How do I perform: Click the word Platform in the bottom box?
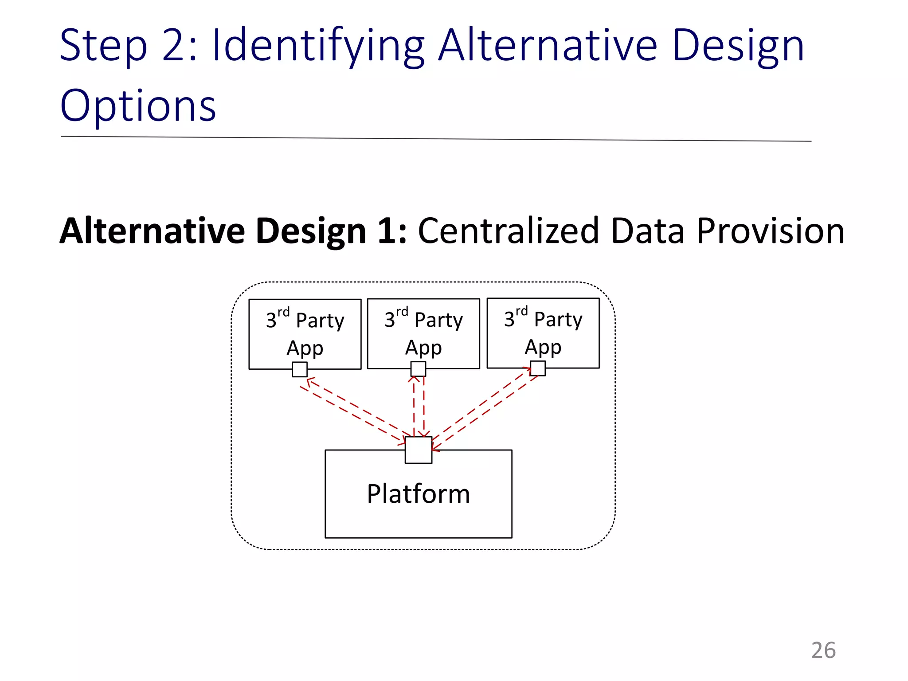point(418,494)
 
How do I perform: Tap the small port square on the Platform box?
point(418,450)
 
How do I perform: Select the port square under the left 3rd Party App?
point(300,369)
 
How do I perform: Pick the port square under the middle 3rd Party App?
point(418,369)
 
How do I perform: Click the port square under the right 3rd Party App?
point(538,368)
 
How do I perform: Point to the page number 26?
point(823,650)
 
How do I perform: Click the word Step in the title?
point(103,46)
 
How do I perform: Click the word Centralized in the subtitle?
point(509,231)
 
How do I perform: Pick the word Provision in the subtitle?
point(770,231)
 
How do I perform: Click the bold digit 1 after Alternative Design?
point(386,231)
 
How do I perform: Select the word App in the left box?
point(305,348)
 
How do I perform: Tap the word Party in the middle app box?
point(438,320)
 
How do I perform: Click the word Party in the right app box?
point(558,319)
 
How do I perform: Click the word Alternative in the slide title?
point(548,46)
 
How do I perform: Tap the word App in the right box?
point(543,347)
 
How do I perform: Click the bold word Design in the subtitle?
point(311,231)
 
